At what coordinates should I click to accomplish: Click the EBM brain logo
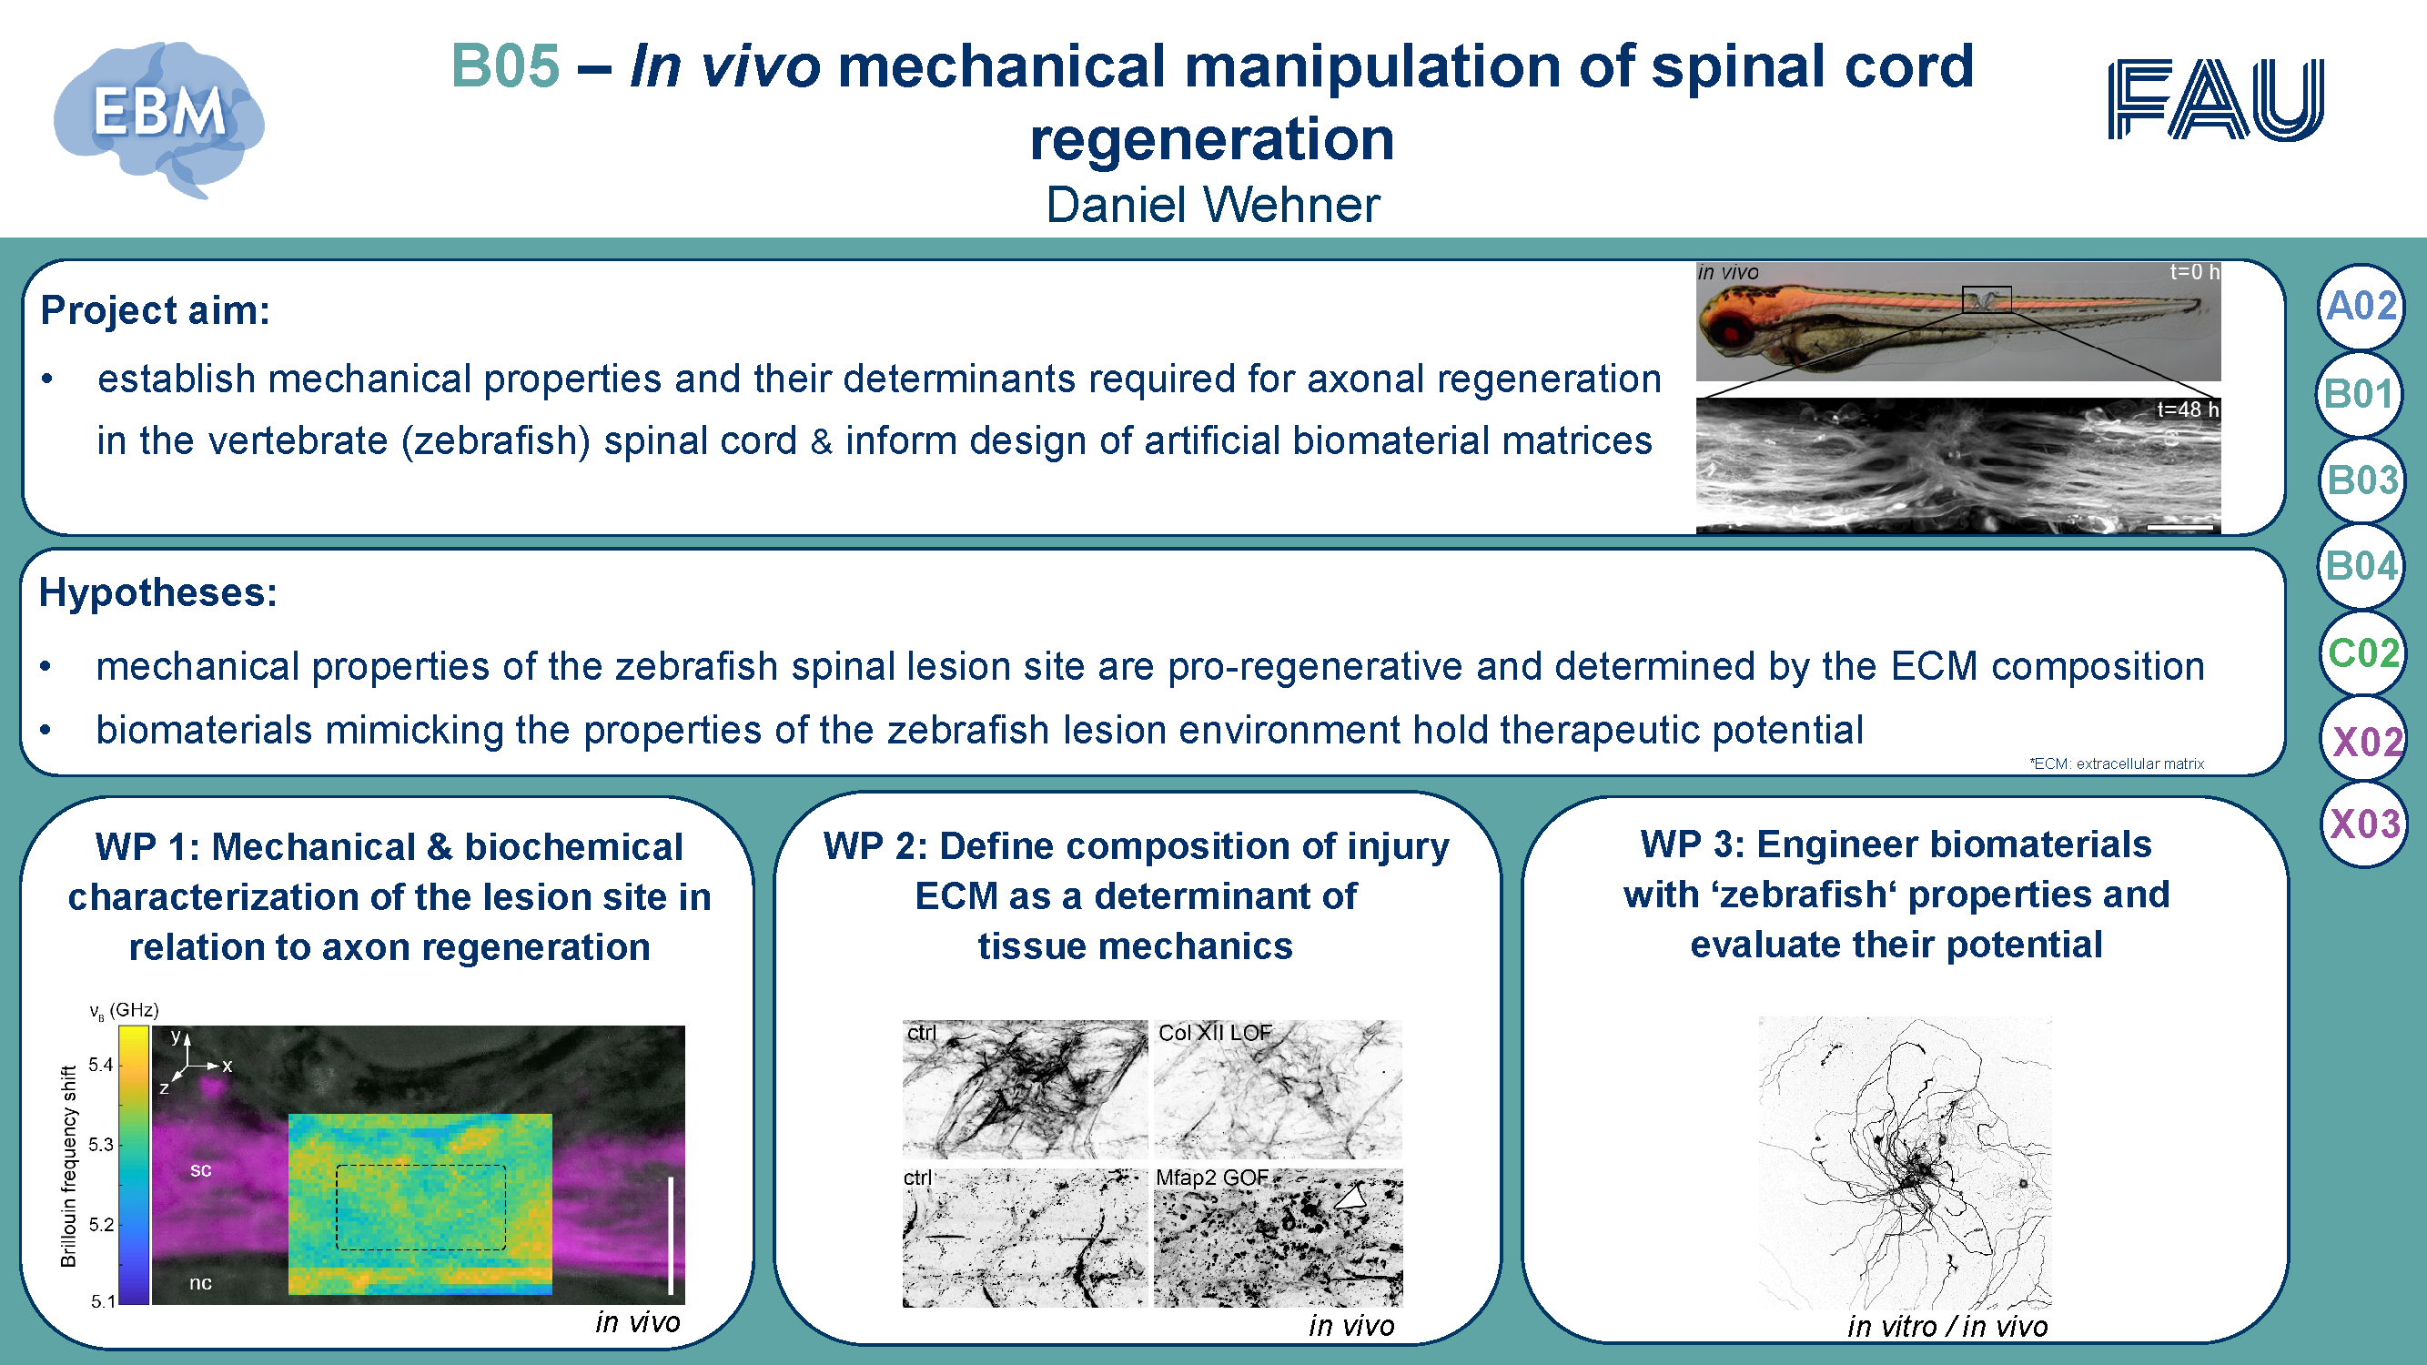click(x=159, y=118)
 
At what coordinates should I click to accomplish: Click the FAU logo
click(x=2216, y=100)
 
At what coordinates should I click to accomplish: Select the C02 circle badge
click(x=2362, y=652)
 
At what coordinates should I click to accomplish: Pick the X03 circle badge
click(x=2364, y=824)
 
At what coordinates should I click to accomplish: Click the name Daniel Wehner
click(x=1212, y=206)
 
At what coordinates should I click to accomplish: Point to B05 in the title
click(x=505, y=66)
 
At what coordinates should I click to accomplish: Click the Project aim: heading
click(x=156, y=311)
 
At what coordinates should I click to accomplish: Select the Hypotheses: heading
click(x=158, y=593)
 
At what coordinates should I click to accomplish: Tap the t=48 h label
click(x=2188, y=409)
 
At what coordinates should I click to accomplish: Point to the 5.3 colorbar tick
click(x=101, y=1145)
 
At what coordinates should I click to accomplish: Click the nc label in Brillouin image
click(x=199, y=1282)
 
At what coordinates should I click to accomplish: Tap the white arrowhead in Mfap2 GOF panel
click(x=1351, y=1197)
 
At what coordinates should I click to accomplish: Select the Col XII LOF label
click(x=1215, y=1033)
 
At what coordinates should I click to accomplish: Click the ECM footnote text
click(x=2116, y=764)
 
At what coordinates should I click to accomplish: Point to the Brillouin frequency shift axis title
click(x=68, y=1167)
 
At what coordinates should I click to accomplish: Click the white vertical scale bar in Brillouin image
click(x=671, y=1235)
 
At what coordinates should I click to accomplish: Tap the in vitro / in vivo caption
click(x=1947, y=1327)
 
